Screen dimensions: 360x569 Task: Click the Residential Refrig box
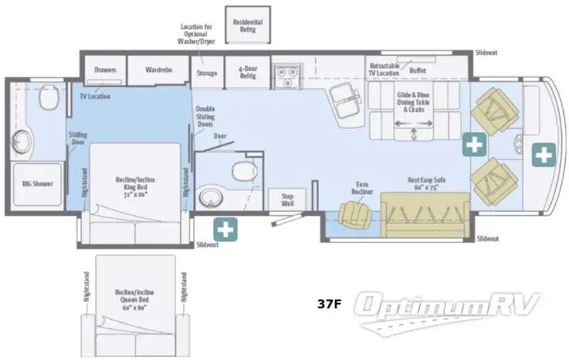pos(248,26)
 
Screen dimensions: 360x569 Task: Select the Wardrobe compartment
pos(160,71)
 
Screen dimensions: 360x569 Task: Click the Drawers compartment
pos(105,70)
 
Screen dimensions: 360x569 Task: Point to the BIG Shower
pos(33,184)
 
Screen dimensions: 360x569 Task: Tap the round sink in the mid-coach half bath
pos(210,196)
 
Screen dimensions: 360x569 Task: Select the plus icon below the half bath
pos(225,229)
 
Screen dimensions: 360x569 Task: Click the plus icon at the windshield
pos(544,154)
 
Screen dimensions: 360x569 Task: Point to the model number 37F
pos(329,305)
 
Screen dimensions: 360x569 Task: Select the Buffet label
pos(418,70)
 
